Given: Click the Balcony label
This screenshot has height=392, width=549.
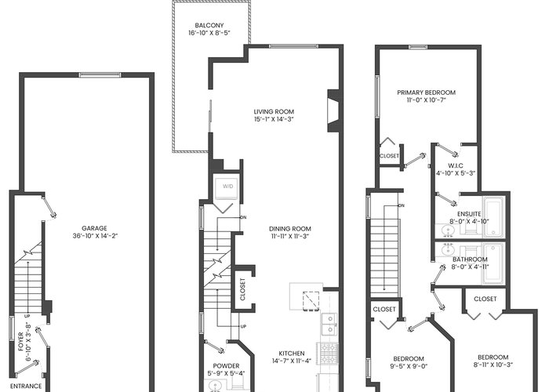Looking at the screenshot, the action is pos(209,25).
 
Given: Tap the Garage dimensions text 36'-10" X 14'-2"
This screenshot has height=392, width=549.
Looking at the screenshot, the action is pos(95,236).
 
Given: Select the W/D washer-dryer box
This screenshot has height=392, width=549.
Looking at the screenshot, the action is pos(228,187).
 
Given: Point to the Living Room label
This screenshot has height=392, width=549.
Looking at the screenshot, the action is pos(274,111).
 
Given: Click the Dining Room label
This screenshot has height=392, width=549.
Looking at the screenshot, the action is pos(290,229).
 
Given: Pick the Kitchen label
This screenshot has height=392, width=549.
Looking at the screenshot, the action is pos(292,354).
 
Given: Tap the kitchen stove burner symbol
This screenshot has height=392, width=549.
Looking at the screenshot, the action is pos(327,353).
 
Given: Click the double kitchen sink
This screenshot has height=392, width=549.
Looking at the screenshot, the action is pos(329,324).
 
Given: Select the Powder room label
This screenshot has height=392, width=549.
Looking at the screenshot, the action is pos(226,366).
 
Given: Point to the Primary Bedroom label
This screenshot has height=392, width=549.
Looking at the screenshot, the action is pos(426,93).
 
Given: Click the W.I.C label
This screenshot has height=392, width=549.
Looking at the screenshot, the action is pos(456,165).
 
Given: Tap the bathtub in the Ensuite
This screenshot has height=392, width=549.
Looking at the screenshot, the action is pos(493,217).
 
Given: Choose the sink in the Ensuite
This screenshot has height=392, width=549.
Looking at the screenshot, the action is pos(447,230).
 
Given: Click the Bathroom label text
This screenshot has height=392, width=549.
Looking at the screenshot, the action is pos(470,260).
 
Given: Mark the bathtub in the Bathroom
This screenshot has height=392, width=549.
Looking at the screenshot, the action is pos(493,264).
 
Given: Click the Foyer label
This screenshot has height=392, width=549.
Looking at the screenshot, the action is pos(20,342).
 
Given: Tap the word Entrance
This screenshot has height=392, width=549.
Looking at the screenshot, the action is pos(26,387).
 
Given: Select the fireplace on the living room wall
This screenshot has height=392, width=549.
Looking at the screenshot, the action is pos(333,111).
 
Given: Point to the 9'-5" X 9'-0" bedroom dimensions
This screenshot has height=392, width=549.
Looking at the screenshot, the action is pos(409,366).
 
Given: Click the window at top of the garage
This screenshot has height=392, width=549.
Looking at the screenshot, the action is pos(100,74).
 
